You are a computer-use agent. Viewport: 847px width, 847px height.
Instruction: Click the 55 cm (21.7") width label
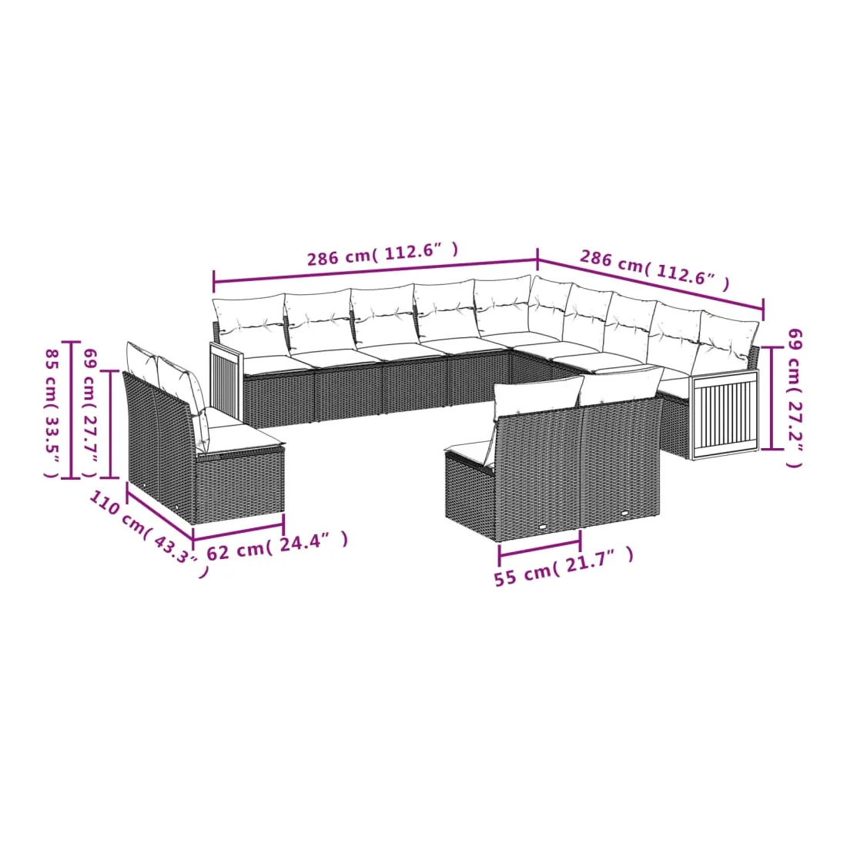(x=564, y=566)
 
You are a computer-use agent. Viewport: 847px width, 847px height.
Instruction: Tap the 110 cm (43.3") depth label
(x=148, y=534)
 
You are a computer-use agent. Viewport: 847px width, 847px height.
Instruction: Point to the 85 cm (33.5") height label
(x=52, y=413)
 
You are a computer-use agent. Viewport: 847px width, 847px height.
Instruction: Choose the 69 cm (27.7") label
(x=90, y=413)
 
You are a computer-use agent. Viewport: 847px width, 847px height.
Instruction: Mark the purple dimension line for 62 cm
(x=238, y=531)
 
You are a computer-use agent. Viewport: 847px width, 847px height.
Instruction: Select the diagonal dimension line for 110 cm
(x=160, y=511)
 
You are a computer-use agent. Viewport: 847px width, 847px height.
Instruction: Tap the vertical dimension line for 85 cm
(x=70, y=410)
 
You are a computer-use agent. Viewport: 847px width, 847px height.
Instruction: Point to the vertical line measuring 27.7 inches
(x=110, y=424)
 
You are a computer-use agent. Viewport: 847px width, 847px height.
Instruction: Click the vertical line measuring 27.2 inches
(x=772, y=399)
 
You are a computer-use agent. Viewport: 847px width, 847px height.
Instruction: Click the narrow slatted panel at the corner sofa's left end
(x=227, y=380)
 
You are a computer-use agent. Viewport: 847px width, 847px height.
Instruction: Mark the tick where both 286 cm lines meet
(x=537, y=259)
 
